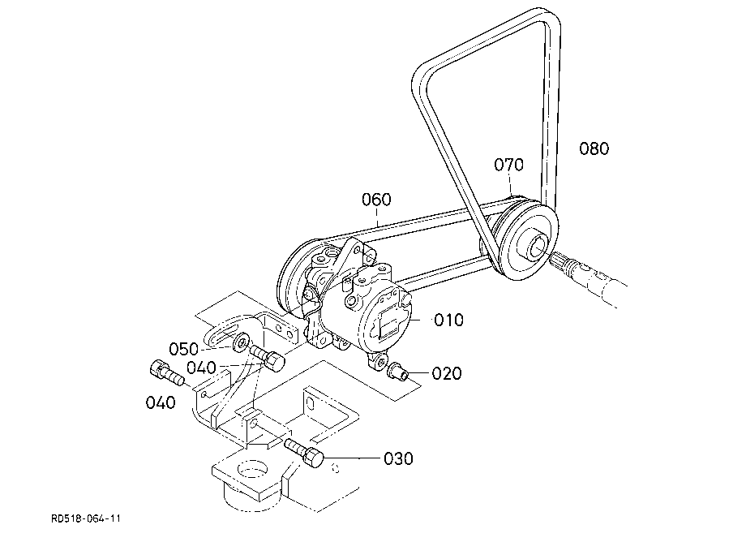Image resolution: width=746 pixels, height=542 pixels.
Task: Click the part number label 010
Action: (448, 320)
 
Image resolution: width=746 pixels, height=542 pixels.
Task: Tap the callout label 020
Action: (447, 373)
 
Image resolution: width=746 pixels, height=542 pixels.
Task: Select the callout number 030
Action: (398, 458)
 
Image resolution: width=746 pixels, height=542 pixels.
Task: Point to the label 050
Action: (183, 349)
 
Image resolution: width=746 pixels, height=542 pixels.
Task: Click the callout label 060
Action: (376, 200)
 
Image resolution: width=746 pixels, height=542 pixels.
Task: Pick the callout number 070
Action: (508, 165)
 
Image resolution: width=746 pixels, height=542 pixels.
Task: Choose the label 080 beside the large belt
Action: (594, 148)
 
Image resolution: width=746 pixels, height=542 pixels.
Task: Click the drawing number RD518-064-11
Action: (86, 518)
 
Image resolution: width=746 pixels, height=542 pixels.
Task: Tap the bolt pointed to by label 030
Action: (305, 453)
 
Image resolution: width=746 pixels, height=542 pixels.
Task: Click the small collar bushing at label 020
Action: (397, 371)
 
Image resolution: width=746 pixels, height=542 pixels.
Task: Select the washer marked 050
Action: (241, 342)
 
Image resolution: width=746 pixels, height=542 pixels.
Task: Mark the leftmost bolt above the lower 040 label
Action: (166, 373)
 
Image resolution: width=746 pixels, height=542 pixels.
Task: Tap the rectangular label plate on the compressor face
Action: (390, 320)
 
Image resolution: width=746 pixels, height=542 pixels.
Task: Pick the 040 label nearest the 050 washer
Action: (201, 368)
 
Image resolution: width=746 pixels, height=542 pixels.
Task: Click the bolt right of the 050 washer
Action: (267, 357)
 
